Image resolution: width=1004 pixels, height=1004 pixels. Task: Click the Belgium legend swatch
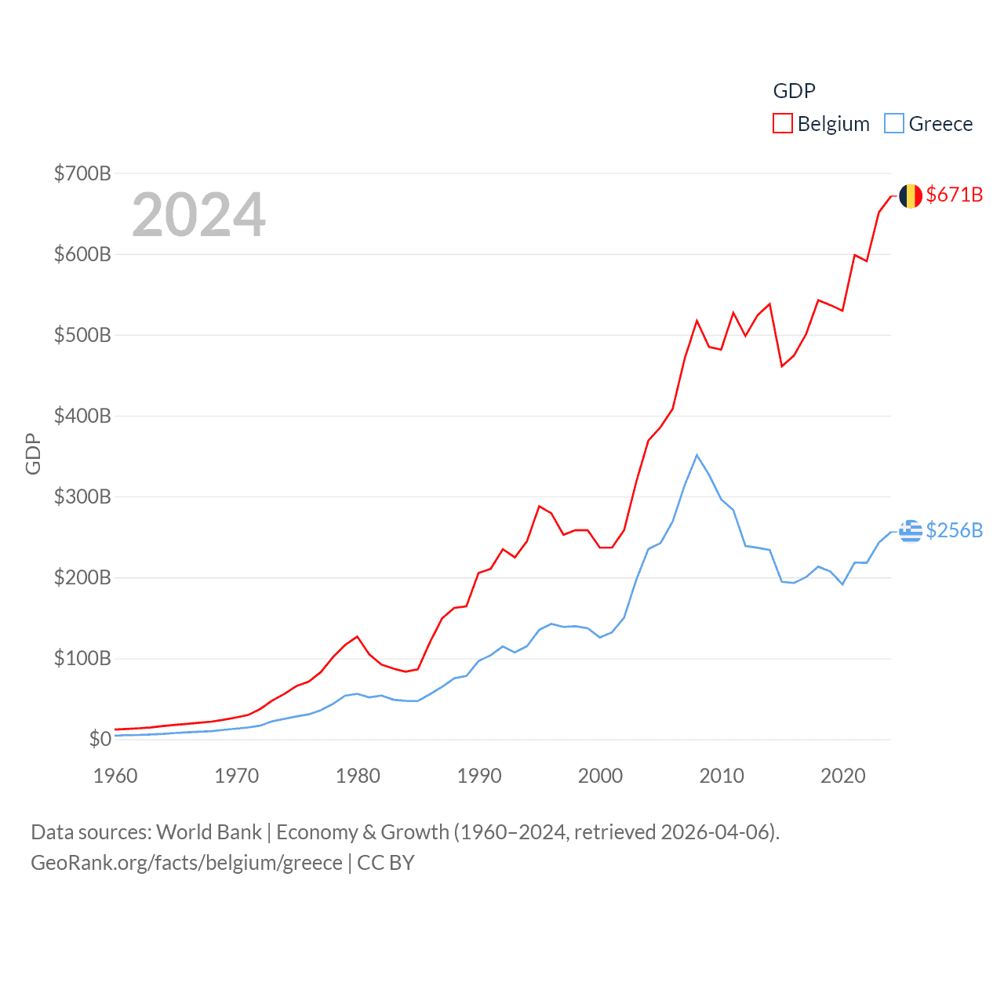pos(783,124)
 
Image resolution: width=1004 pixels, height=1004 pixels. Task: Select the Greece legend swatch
pos(894,124)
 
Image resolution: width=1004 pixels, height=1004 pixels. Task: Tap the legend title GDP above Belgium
pos(794,91)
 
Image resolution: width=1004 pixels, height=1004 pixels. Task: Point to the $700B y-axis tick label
pos(82,173)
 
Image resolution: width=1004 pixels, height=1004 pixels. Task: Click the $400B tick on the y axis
pos(82,416)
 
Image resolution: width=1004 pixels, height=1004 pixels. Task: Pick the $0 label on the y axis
pos(100,739)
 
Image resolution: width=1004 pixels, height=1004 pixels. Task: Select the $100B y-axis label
pos(82,658)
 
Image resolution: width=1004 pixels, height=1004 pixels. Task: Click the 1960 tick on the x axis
pos(115,776)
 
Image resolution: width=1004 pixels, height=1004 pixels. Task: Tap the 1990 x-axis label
pos(479,776)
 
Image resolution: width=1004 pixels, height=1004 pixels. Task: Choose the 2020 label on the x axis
pos(843,776)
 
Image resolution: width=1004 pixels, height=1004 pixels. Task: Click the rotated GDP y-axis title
pos(33,453)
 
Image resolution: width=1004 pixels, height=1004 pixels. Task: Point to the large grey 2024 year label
pos(198,215)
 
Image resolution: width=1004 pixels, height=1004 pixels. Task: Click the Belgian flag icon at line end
pos(911,196)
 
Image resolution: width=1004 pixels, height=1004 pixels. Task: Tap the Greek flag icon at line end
pos(911,531)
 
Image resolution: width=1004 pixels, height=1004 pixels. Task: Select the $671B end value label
pos(955,195)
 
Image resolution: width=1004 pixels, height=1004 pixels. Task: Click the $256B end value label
pos(955,530)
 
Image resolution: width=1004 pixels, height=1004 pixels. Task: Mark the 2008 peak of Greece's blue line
pos(697,455)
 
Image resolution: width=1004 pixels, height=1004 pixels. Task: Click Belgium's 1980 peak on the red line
pos(357,636)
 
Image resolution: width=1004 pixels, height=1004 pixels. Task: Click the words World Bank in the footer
pos(209,831)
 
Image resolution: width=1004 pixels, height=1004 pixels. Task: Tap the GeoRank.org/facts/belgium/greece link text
pos(187,863)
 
